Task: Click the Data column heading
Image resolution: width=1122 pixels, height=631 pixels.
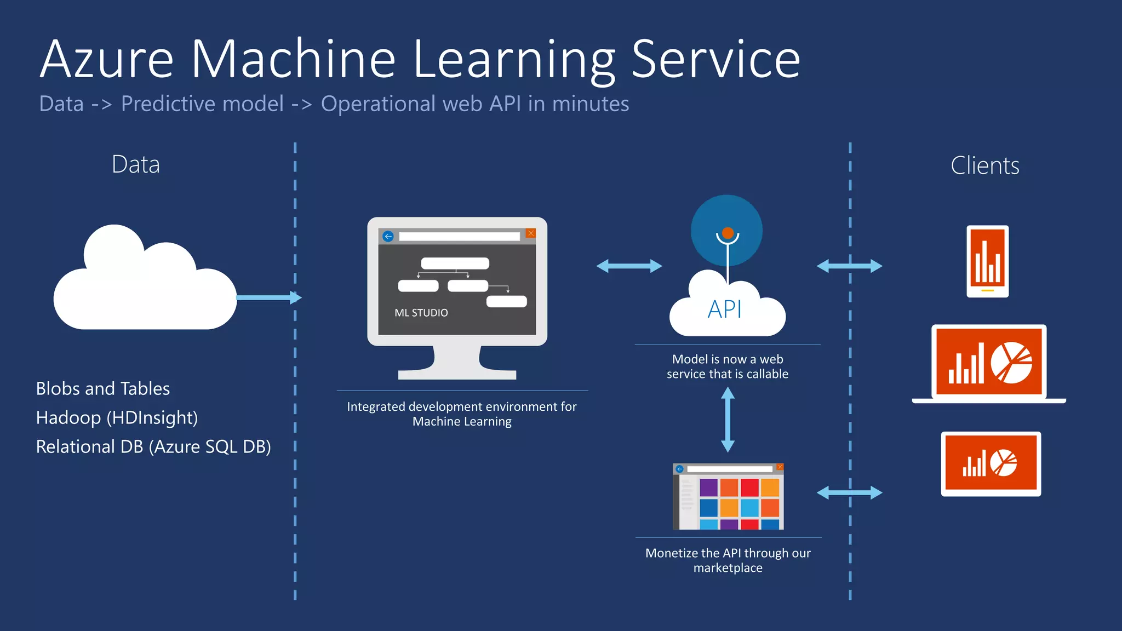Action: [x=135, y=164]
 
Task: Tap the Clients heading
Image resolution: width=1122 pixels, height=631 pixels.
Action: [x=984, y=165]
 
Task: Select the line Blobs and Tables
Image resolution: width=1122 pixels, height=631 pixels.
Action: [x=103, y=388]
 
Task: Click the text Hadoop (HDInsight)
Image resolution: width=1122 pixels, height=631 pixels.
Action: [x=117, y=417]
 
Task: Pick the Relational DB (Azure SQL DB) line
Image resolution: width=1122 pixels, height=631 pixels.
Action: [x=153, y=446]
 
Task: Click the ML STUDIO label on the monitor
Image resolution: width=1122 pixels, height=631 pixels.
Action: [x=421, y=313]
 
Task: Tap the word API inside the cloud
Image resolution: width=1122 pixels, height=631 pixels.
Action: [x=724, y=309]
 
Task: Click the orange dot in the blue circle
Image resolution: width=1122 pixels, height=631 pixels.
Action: [x=728, y=233]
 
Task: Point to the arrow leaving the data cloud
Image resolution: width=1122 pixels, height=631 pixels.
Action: [x=268, y=297]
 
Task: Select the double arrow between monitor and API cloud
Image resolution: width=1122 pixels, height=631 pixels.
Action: [x=629, y=266]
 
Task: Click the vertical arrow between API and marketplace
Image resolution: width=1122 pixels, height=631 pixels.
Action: [x=728, y=419]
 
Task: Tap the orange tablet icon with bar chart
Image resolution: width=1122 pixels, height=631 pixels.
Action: [x=987, y=261]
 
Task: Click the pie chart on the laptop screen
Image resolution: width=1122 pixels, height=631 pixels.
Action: [x=1011, y=362]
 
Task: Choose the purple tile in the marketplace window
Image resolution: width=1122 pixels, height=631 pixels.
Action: [x=708, y=487]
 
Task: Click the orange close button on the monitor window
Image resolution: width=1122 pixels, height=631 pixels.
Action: [x=530, y=233]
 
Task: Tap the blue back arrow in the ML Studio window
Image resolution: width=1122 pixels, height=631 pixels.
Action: [x=388, y=236]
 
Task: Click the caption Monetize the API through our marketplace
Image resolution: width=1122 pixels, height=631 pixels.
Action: [x=728, y=560]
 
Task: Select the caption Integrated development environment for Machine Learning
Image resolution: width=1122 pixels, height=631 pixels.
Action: [x=461, y=414]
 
